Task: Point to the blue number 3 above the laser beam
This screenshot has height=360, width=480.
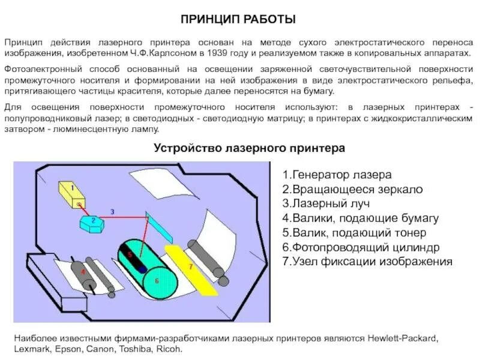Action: click(112, 211)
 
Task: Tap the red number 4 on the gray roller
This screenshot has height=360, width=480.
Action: click(83, 272)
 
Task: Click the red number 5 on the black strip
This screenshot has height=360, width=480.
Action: click(129, 255)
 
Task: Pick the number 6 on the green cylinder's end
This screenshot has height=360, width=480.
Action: click(157, 280)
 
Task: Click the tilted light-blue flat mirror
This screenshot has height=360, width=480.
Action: click(158, 224)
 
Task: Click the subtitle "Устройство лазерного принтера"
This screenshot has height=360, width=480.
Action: click(249, 148)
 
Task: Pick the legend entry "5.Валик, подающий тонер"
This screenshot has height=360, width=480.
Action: click(354, 233)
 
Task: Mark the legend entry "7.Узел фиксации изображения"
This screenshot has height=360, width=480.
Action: click(367, 262)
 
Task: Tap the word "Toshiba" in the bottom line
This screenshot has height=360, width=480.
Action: click(130, 349)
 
